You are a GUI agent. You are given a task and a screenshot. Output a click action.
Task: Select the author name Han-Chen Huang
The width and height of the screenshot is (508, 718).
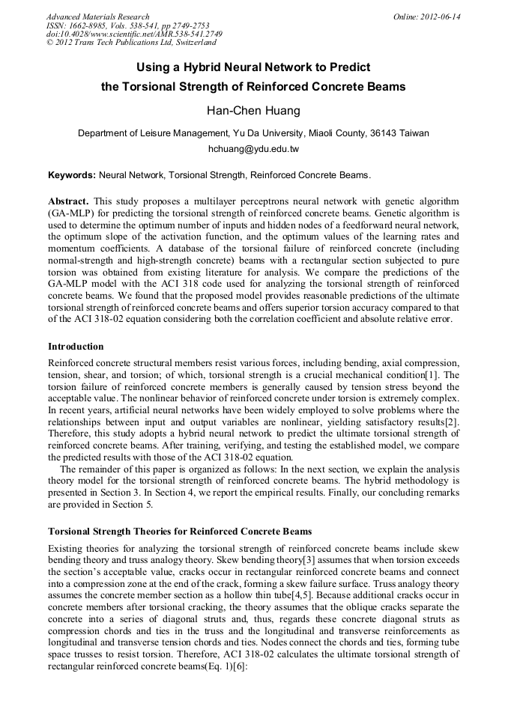[253, 111]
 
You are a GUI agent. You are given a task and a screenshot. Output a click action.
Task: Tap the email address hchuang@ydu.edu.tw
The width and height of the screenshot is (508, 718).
[253, 149]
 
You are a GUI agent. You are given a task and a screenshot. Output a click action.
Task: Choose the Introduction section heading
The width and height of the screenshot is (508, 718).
[76, 347]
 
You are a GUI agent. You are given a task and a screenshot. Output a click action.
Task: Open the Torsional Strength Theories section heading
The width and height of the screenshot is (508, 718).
[180, 531]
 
